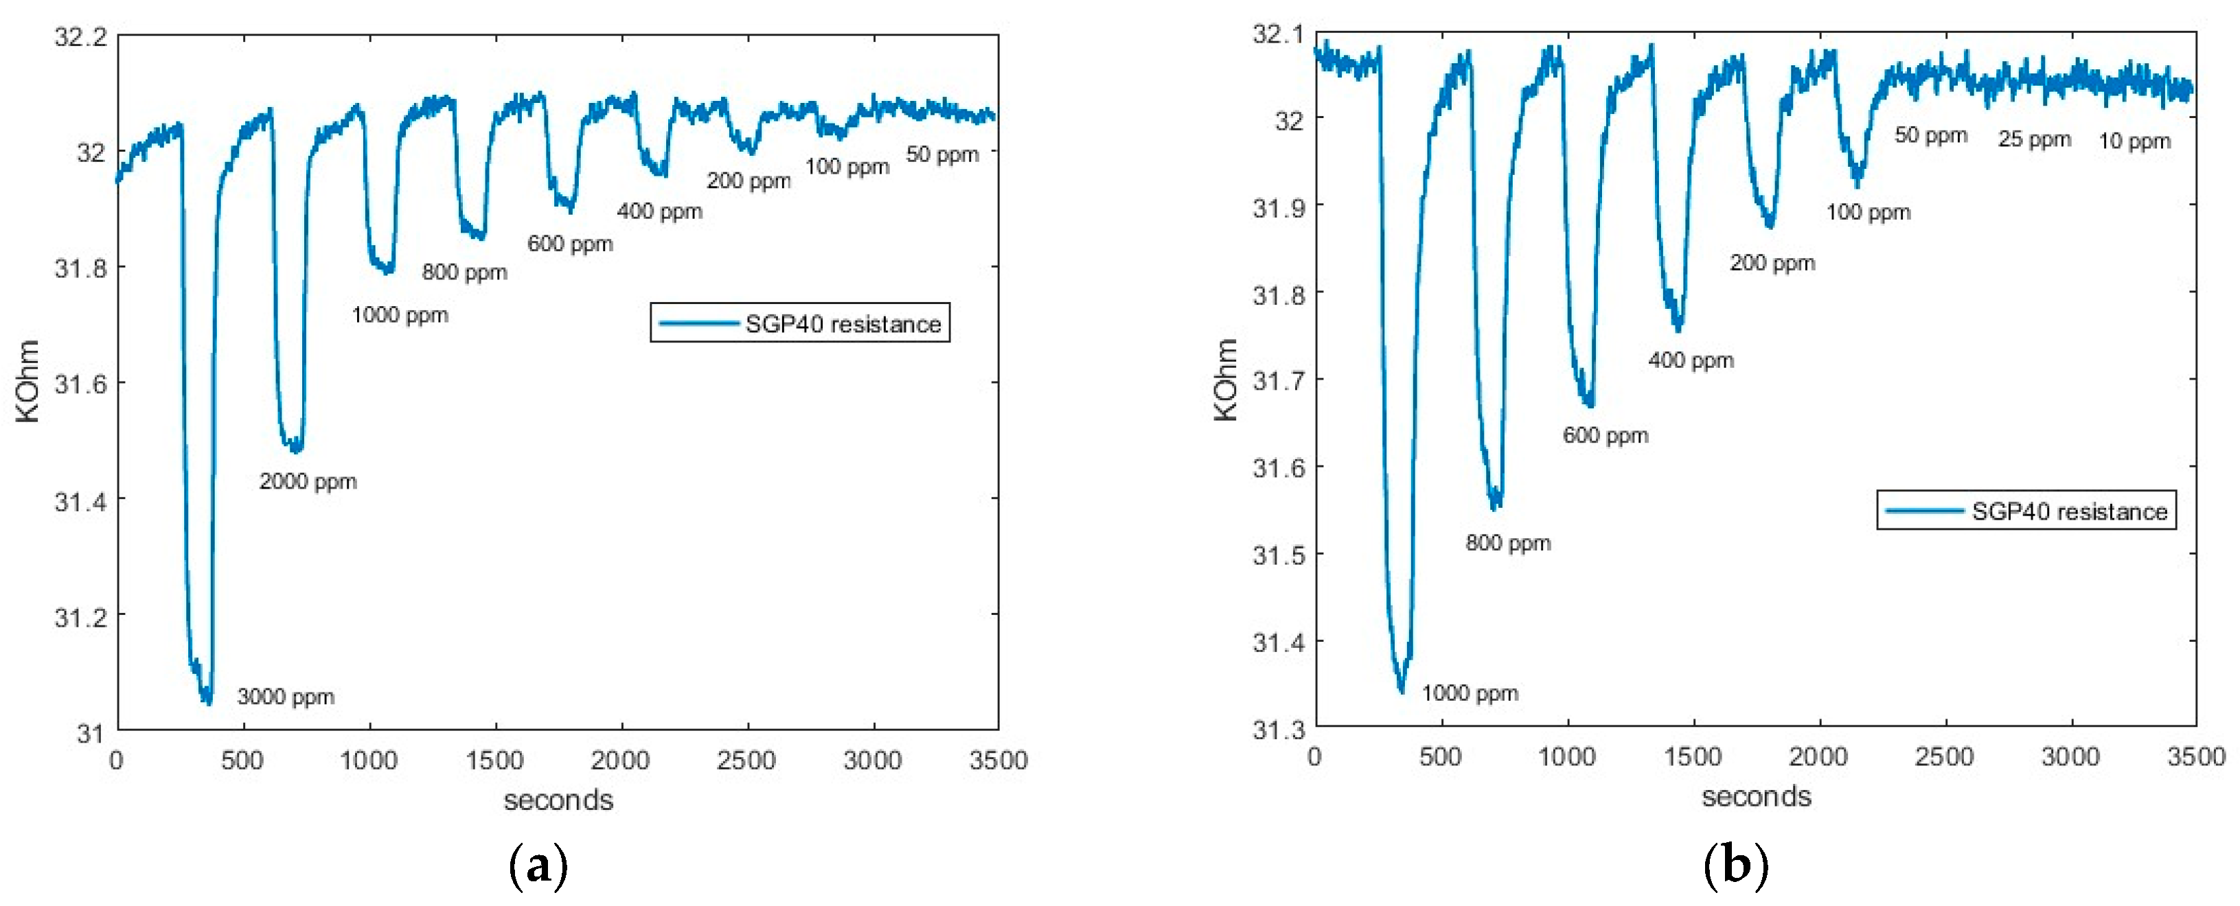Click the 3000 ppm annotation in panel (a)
(285, 697)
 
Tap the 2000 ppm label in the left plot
(308, 481)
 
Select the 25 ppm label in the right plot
(2034, 139)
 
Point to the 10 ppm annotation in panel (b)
(2135, 141)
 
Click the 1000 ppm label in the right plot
(1470, 693)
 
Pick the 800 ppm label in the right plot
(1508, 544)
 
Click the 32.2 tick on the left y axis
(80, 37)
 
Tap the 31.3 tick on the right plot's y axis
(1278, 730)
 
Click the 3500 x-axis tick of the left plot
(998, 760)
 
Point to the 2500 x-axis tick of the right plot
(1943, 757)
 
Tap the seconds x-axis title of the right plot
(1756, 796)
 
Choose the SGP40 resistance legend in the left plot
(800, 323)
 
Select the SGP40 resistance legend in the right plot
(2026, 511)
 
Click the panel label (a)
(538, 865)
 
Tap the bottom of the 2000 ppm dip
(297, 450)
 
